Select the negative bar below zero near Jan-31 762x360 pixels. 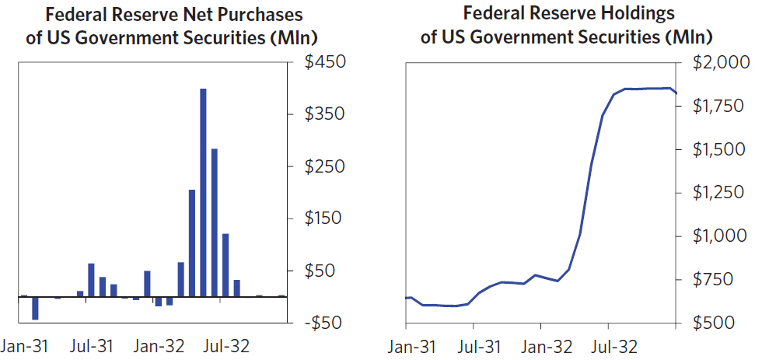point(35,308)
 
